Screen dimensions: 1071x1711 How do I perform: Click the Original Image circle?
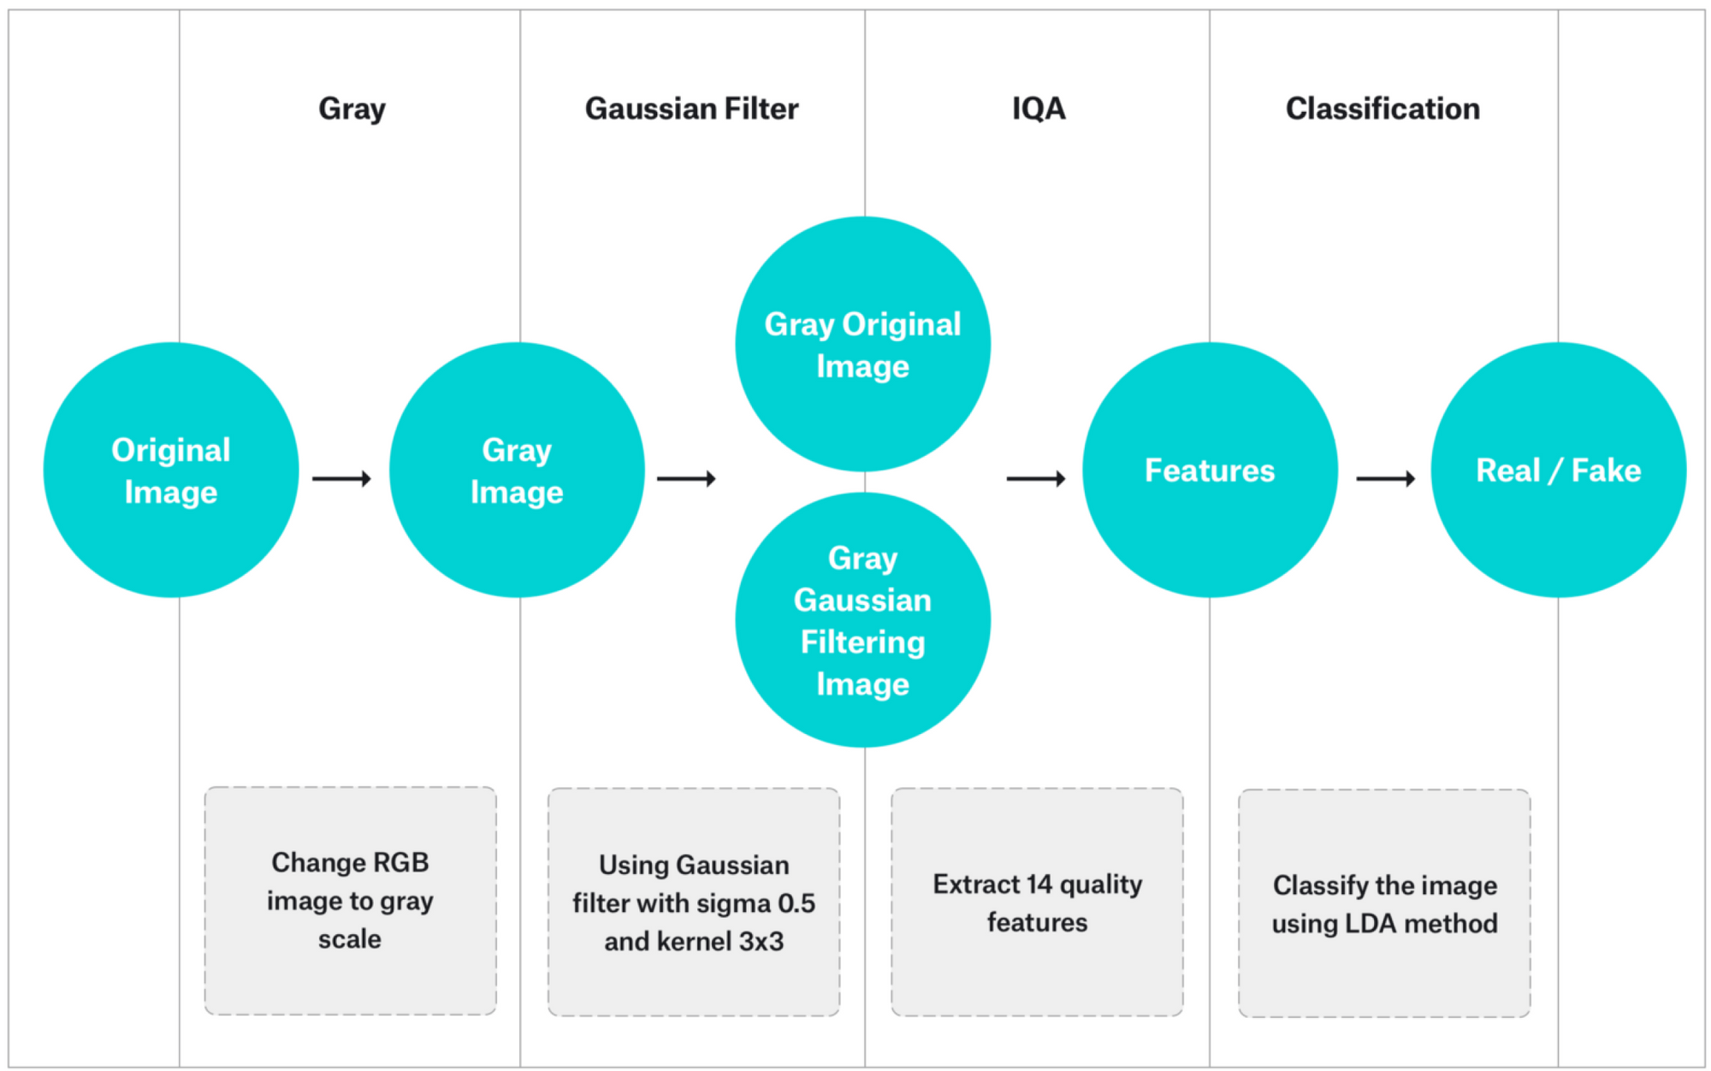tap(171, 470)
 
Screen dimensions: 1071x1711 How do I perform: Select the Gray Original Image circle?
tap(862, 344)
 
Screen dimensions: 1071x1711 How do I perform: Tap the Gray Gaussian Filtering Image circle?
tap(862, 619)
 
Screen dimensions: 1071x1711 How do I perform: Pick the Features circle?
tap(1210, 470)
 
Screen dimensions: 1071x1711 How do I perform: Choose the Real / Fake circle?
tap(1558, 470)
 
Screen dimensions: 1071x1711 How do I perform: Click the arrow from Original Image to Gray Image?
tap(341, 478)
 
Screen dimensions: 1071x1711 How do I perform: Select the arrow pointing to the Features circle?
tap(1035, 478)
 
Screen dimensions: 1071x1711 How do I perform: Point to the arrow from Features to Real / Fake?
tap(1385, 478)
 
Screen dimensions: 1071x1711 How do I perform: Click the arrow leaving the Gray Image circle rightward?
tap(686, 478)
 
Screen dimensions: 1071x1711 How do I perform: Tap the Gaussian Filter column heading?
tap(691, 109)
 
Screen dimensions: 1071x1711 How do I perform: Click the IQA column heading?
tap(1039, 109)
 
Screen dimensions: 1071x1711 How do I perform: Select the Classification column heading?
tap(1382, 109)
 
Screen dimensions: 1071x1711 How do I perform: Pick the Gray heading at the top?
tap(352, 109)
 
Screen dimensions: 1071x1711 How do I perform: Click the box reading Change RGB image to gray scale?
tap(350, 900)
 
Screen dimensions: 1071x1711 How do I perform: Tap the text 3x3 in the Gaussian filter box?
tap(761, 941)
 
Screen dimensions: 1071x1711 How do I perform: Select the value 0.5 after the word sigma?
tap(796, 903)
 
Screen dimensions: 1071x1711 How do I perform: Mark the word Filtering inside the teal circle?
tap(862, 642)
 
